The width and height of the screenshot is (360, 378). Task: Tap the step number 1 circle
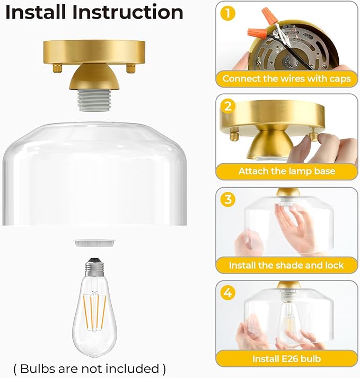click(x=228, y=13)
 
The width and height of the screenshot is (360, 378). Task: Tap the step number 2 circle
click(x=228, y=106)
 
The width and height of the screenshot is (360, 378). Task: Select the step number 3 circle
click(x=228, y=199)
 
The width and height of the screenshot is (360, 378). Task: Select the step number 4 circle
click(x=228, y=293)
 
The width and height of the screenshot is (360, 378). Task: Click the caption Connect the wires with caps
click(x=286, y=78)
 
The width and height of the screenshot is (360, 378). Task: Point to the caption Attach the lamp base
click(x=286, y=171)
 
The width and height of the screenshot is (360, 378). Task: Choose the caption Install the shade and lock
click(x=286, y=265)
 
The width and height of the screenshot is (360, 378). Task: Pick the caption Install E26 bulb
click(x=286, y=358)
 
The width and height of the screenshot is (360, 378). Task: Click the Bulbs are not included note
click(x=89, y=368)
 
